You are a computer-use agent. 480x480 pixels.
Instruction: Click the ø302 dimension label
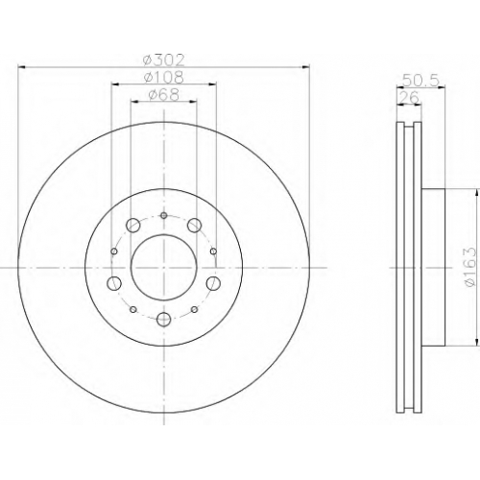pos(163,60)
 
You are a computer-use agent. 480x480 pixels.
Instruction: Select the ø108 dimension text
pos(163,77)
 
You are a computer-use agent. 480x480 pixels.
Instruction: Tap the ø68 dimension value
pos(163,94)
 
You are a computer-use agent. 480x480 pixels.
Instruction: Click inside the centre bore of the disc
pos(163,267)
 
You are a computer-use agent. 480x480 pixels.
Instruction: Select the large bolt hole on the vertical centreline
pos(164,319)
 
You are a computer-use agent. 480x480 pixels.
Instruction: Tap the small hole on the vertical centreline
pos(164,215)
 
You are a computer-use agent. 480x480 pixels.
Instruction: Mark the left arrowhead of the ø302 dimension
pos(22,67)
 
